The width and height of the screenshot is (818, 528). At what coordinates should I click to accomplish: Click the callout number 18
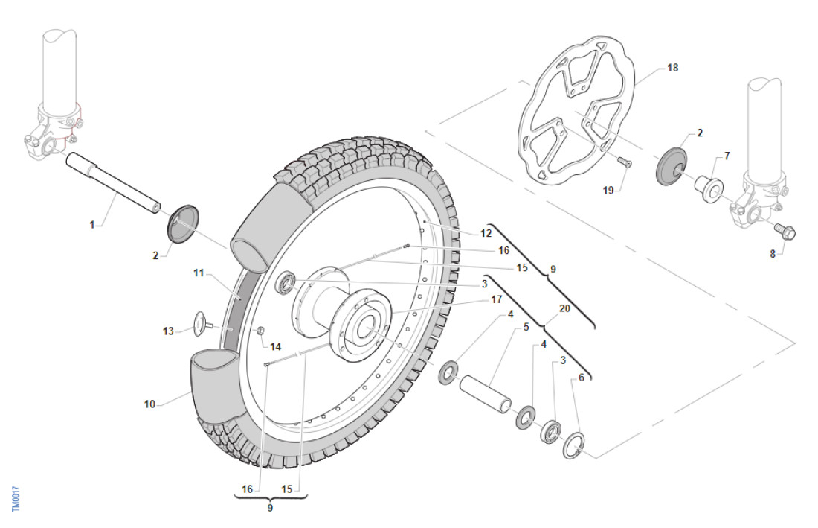pyautogui.click(x=672, y=68)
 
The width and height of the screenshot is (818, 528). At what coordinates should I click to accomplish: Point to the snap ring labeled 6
pyautogui.click(x=573, y=447)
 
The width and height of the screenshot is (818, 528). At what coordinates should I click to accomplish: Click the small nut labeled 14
pyautogui.click(x=260, y=330)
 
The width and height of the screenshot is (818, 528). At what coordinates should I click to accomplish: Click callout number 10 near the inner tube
pyautogui.click(x=149, y=404)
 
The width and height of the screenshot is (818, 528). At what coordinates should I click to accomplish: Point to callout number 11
pyautogui.click(x=199, y=273)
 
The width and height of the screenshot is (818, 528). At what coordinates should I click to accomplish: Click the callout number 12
pyautogui.click(x=486, y=233)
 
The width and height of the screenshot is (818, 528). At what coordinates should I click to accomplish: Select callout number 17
pyautogui.click(x=497, y=299)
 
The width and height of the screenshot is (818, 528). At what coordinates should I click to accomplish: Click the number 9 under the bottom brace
pyautogui.click(x=270, y=507)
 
